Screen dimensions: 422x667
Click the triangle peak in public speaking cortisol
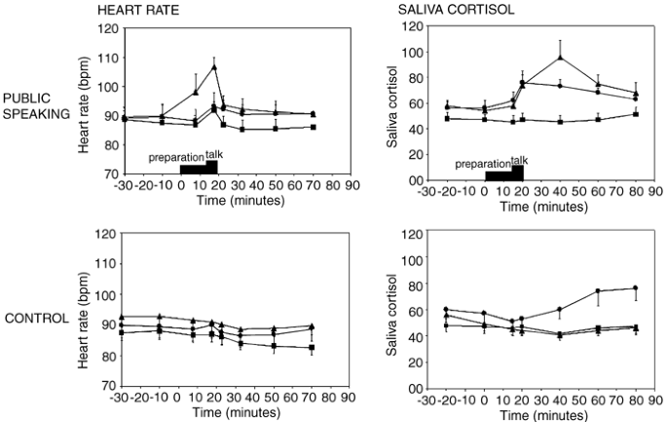560,58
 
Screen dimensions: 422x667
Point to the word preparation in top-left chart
175,155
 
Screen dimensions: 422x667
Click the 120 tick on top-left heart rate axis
101,29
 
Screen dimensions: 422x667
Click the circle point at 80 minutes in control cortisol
635,288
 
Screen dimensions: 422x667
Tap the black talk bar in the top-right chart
517,173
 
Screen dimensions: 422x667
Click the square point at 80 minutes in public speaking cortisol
635,114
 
